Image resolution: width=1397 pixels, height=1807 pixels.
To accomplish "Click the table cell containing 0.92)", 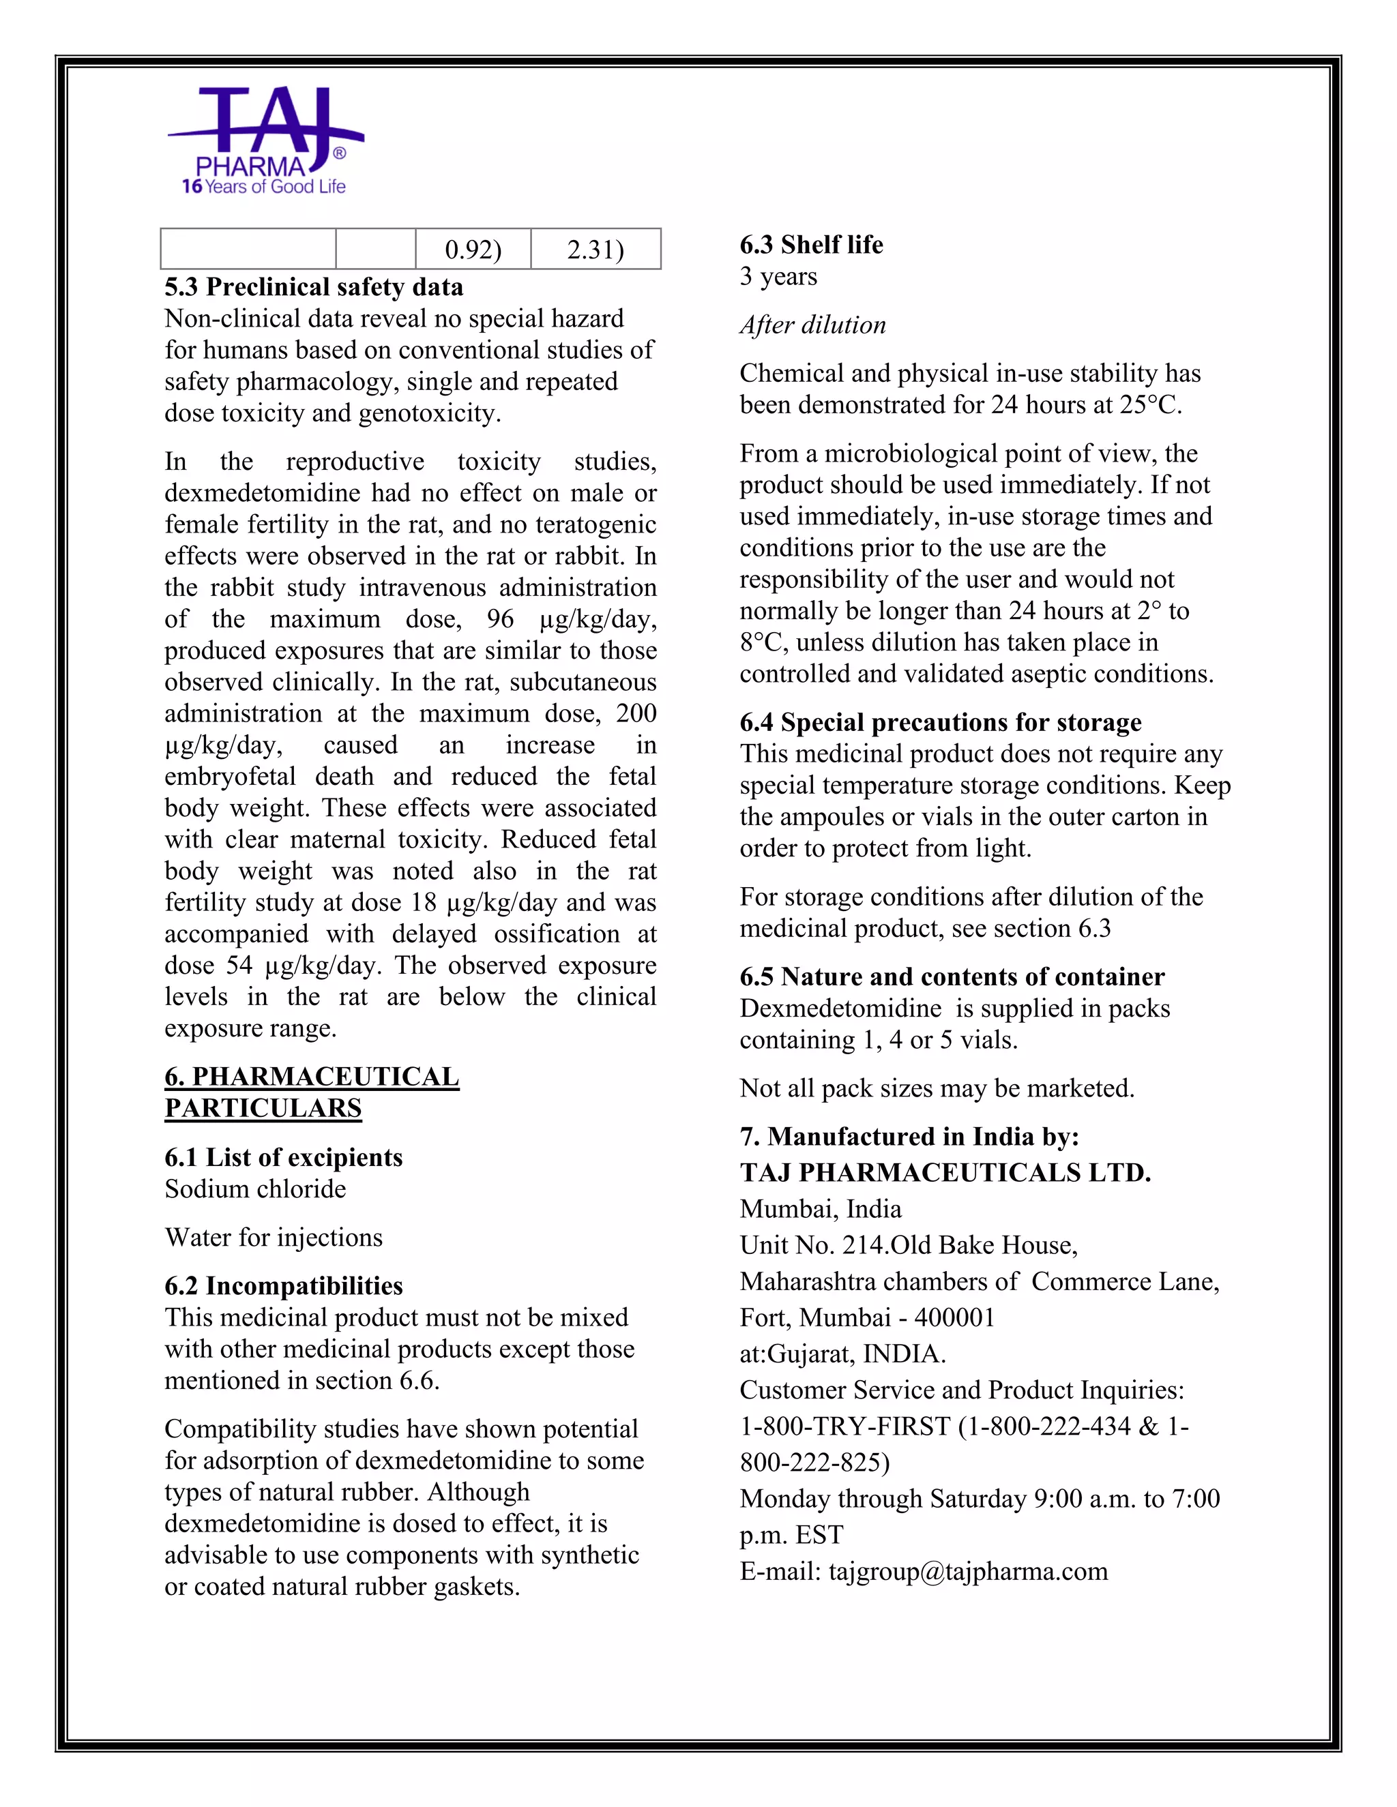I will click(473, 249).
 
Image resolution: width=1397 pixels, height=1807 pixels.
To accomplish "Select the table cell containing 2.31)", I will click(595, 249).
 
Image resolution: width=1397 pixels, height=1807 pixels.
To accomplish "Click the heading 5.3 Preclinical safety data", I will click(314, 287).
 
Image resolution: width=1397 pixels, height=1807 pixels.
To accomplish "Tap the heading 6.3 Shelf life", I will click(811, 245).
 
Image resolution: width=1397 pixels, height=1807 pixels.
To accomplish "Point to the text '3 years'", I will click(778, 276).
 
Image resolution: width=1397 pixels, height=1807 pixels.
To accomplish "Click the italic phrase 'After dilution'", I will click(812, 325).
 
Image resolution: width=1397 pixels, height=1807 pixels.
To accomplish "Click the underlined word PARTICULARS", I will click(263, 1108).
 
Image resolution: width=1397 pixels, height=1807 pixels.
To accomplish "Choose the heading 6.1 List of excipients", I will click(283, 1156).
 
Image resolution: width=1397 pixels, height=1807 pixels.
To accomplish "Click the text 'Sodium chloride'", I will click(255, 1189).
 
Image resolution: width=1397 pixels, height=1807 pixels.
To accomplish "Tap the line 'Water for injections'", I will click(273, 1237).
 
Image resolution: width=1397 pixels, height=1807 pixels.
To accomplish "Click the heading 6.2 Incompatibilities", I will click(283, 1286).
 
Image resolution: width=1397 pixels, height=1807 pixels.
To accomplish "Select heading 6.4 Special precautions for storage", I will click(940, 722).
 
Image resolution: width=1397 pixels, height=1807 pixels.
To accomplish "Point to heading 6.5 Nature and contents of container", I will click(952, 977).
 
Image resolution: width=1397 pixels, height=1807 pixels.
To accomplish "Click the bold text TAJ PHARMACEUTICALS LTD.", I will click(945, 1172).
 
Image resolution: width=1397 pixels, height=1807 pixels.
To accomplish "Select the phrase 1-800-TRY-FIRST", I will click(845, 1427).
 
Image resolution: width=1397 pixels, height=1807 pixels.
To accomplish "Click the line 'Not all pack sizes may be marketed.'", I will click(937, 1088).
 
